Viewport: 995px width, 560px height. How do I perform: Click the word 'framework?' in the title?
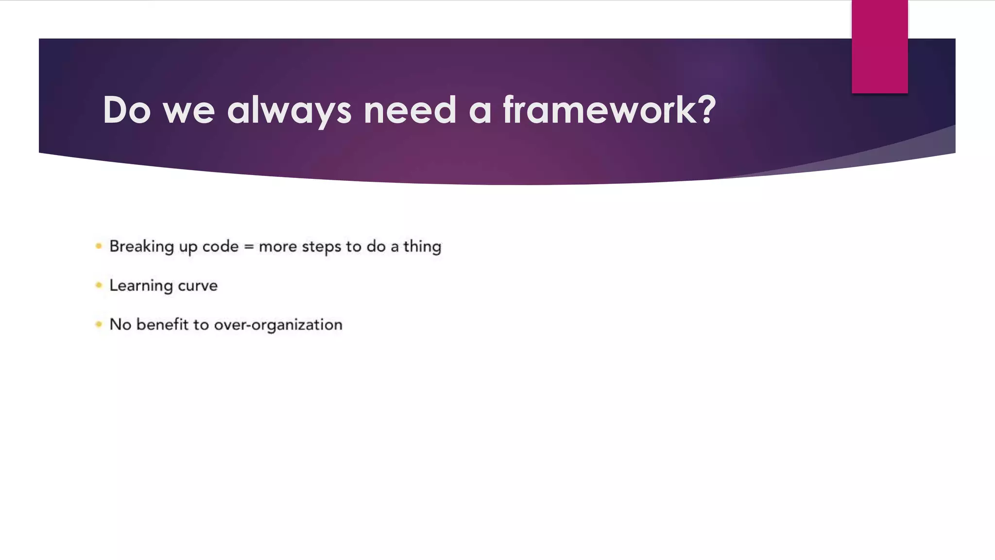609,110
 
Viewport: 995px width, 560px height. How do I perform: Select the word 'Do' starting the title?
127,110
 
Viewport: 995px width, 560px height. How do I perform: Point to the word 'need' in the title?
410,110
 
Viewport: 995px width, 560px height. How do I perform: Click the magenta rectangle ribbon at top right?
879,46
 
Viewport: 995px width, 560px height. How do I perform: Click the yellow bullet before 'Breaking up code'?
99,246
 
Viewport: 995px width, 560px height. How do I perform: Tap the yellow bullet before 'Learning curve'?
99,285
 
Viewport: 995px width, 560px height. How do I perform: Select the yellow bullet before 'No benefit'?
99,324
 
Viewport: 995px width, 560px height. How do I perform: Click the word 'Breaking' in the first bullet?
141,246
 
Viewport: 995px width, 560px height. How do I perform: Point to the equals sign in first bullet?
249,247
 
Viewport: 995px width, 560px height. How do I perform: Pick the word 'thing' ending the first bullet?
422,246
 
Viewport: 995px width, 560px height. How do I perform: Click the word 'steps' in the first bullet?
321,247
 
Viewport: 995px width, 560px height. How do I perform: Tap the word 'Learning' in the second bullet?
141,286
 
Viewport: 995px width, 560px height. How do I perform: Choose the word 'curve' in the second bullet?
198,286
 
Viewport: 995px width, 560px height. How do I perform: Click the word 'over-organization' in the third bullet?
278,325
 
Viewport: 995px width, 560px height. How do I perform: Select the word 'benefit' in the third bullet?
162,324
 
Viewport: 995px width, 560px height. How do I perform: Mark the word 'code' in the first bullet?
221,246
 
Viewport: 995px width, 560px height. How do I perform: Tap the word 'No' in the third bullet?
120,324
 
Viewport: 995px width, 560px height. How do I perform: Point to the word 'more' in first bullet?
277,247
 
